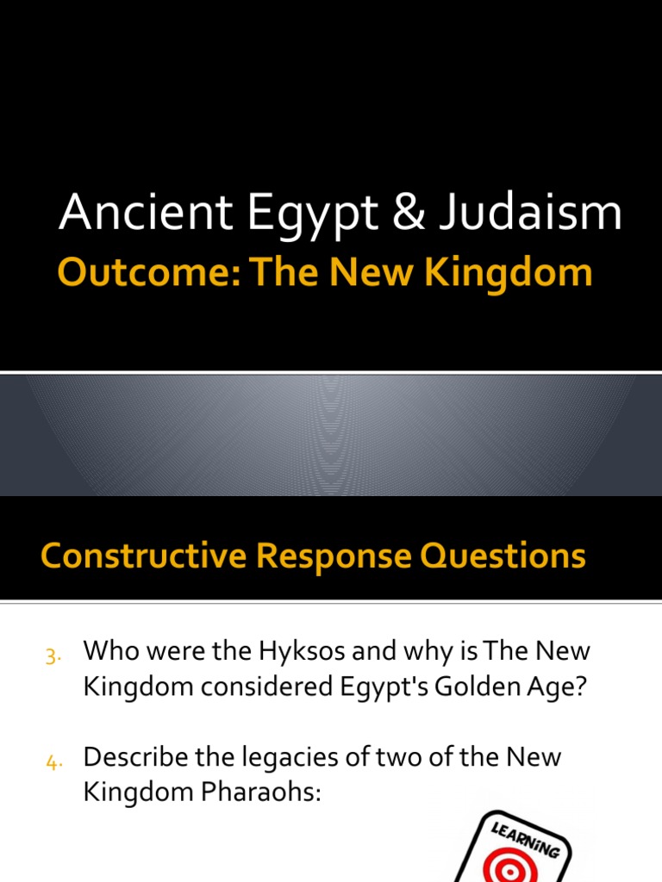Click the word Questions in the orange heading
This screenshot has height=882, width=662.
506,556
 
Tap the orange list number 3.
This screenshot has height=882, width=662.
51,657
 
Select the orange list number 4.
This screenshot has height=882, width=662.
51,761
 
